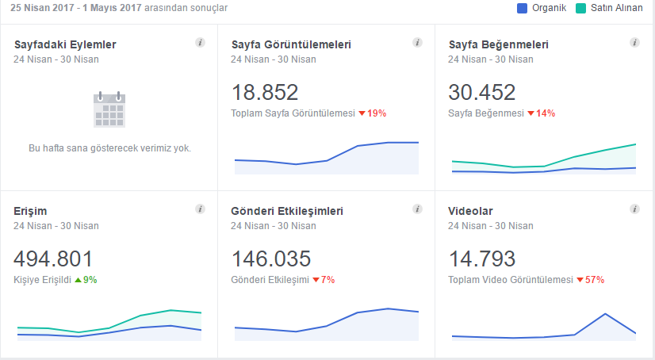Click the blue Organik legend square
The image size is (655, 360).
[x=522, y=9]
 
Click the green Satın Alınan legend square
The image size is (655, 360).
[x=580, y=9]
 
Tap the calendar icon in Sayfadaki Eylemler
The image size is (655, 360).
[x=109, y=109]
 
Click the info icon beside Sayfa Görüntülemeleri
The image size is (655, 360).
[x=417, y=43]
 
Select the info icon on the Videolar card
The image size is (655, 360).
[x=634, y=209]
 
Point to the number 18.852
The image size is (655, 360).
[x=265, y=92]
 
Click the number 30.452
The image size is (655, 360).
[x=482, y=92]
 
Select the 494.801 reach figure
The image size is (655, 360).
[x=53, y=259]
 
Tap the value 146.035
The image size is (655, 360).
[x=271, y=259]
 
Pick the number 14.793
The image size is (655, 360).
[x=482, y=259]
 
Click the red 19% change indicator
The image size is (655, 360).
[x=373, y=113]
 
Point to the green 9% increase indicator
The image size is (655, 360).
[x=86, y=280]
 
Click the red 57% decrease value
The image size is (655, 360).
[x=591, y=280]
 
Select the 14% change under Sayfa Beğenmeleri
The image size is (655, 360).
[x=542, y=113]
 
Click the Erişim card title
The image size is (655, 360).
[x=30, y=212]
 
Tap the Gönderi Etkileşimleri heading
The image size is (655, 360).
[x=287, y=212]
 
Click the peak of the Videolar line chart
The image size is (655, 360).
[x=605, y=314]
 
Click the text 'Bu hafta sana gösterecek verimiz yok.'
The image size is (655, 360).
[x=110, y=148]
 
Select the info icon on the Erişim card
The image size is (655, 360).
[x=200, y=209]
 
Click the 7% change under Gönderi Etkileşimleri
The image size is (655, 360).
[x=324, y=280]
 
